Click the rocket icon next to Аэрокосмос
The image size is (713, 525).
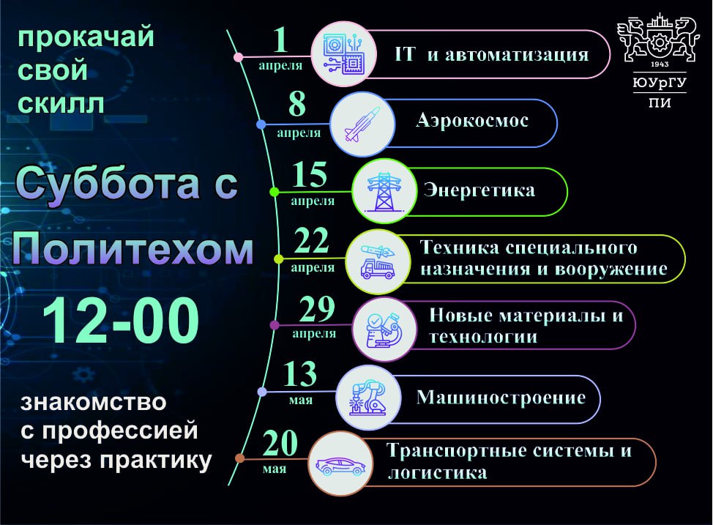pyautogui.click(x=362, y=124)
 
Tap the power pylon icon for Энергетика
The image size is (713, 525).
pyautogui.click(x=384, y=192)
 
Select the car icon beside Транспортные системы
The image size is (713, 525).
pyautogui.click(x=341, y=466)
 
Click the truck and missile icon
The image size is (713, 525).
pyautogui.click(x=378, y=261)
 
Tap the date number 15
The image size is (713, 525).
pyautogui.click(x=309, y=175)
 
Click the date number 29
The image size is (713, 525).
pyautogui.click(x=317, y=309)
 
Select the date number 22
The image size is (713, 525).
pyautogui.click(x=312, y=241)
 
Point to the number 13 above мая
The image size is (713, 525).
pyautogui.click(x=299, y=374)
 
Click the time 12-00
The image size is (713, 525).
pyautogui.click(x=121, y=320)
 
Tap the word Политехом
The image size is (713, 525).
pyautogui.click(x=132, y=248)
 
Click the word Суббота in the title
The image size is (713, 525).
pyautogui.click(x=108, y=183)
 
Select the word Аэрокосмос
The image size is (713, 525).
pyautogui.click(x=472, y=121)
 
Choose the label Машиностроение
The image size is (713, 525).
pyautogui.click(x=501, y=397)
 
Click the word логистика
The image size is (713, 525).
pyautogui.click(x=438, y=473)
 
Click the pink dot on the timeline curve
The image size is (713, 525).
pyautogui.click(x=238, y=57)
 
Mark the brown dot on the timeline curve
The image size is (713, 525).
pyautogui.click(x=239, y=458)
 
